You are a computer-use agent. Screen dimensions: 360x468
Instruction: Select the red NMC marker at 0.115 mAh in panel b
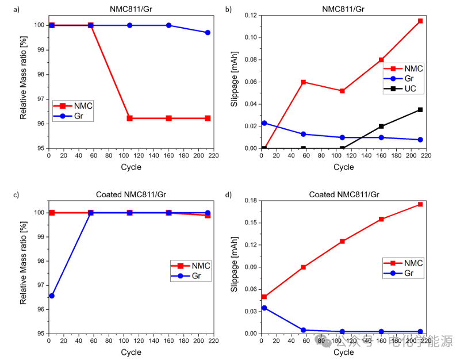point(420,21)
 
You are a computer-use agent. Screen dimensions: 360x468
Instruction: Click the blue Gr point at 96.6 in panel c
point(52,296)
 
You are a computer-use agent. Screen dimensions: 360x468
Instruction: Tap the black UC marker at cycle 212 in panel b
point(420,109)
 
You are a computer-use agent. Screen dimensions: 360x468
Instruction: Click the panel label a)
point(7,9)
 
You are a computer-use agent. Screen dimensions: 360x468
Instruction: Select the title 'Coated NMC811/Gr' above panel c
point(131,194)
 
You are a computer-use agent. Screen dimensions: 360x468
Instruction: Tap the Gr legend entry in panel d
point(403,273)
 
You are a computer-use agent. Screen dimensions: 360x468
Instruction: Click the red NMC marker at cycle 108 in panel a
point(130,118)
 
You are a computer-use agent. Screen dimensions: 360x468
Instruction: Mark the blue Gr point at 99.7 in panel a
point(207,33)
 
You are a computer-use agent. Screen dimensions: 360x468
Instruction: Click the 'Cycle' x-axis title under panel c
point(131,352)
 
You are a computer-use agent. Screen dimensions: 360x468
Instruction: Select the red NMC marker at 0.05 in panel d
point(264,297)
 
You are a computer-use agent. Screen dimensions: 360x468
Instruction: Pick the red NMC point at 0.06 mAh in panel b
point(303,82)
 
